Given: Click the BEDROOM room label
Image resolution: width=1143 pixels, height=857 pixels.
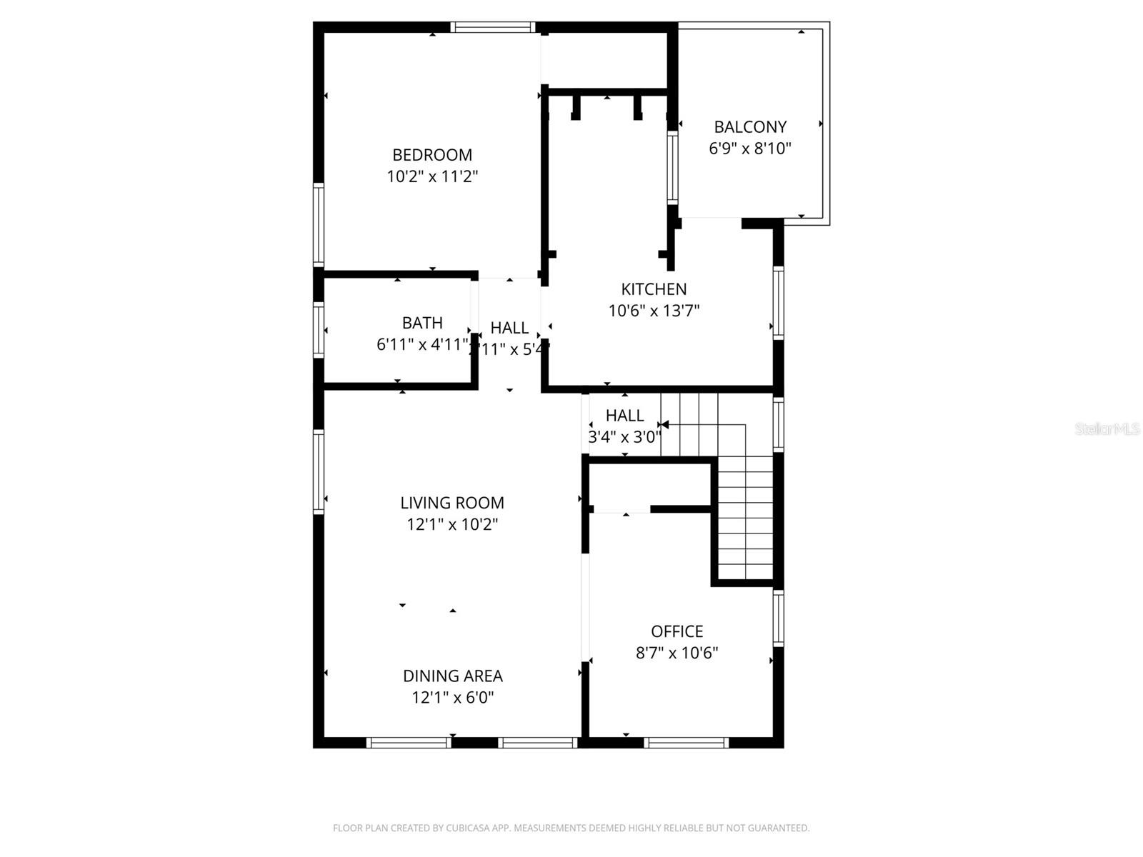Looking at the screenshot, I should click(x=432, y=155).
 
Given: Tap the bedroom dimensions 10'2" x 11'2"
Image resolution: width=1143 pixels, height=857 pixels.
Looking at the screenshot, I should click(x=432, y=176).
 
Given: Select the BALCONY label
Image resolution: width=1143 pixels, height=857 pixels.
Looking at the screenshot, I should click(x=750, y=127).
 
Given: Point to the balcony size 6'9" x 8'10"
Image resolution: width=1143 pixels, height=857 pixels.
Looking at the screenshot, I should click(x=750, y=149).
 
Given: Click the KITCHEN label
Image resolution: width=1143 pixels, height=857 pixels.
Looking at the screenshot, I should click(x=654, y=289).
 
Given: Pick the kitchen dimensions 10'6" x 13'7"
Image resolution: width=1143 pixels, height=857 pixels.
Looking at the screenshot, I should click(x=654, y=311).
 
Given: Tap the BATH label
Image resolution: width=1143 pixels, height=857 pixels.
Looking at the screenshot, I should click(x=422, y=323).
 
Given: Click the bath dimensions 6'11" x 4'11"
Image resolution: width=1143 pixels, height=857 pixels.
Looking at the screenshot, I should click(x=422, y=345).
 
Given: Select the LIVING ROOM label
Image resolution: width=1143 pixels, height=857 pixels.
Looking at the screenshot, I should click(x=452, y=503).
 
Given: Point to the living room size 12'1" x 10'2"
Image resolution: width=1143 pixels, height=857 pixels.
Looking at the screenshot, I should click(x=452, y=524).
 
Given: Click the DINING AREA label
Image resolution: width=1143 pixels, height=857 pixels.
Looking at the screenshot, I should click(x=452, y=676).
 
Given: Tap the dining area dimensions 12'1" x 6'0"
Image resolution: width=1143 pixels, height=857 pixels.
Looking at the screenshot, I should click(x=452, y=697).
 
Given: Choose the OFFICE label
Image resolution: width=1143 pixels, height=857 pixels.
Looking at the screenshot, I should click(x=677, y=631).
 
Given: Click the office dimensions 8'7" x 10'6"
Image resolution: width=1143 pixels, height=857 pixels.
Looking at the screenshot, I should click(x=677, y=653).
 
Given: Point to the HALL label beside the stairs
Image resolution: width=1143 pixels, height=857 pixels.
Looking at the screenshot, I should click(x=624, y=416).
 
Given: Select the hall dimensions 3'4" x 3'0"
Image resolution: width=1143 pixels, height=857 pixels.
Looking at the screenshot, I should click(x=624, y=437).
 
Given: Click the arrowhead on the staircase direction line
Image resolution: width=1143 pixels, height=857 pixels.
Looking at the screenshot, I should click(x=665, y=425).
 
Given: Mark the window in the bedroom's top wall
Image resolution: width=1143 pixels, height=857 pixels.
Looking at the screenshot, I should click(x=493, y=28).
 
